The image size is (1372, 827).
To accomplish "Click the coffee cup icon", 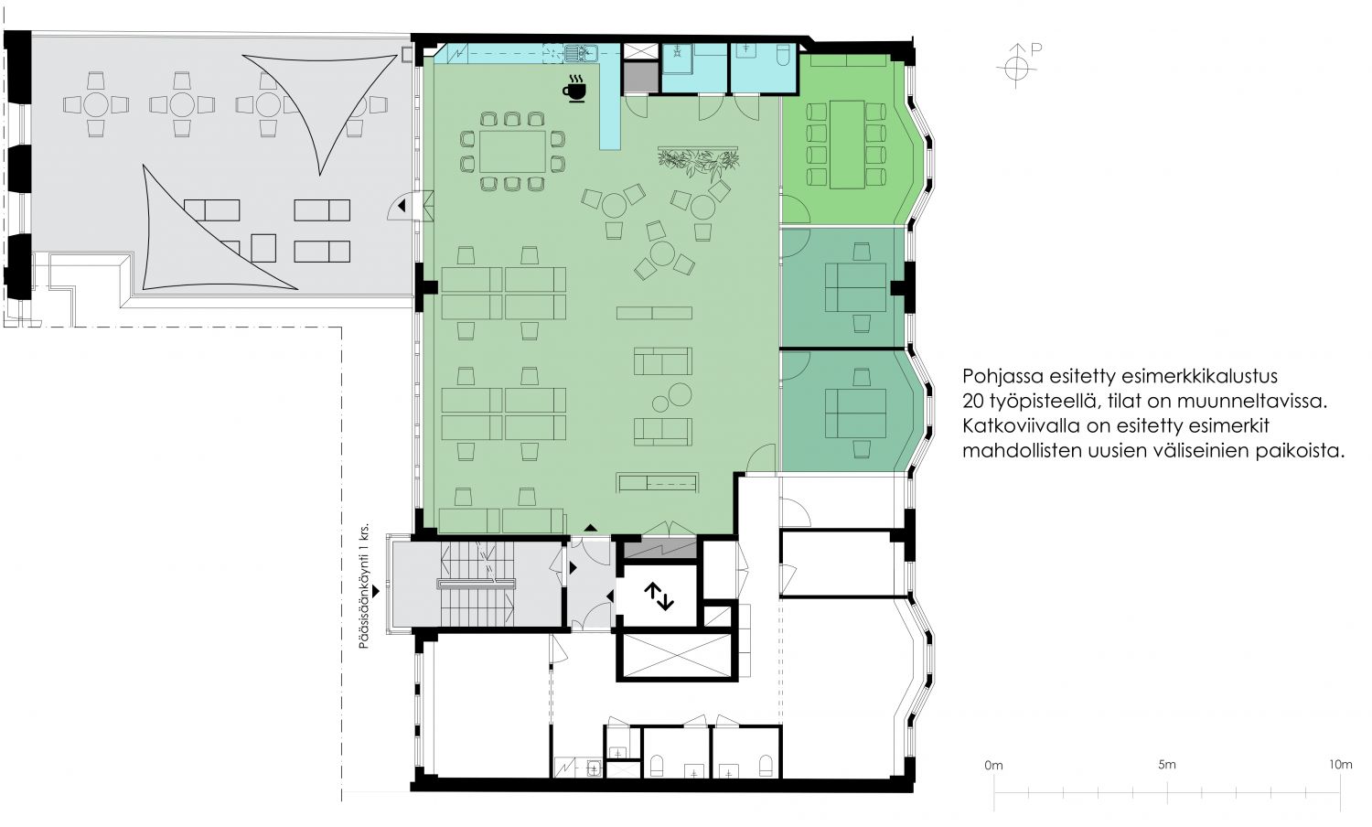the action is click(x=574, y=89).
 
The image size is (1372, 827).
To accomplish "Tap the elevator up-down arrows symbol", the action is click(x=659, y=596).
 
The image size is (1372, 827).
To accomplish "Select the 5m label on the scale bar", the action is click(x=1167, y=765).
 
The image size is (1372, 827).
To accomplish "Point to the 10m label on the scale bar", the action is click(x=1340, y=765).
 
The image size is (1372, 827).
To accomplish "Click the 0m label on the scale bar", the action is click(x=993, y=765).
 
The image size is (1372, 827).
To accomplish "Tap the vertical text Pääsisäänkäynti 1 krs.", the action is click(x=364, y=585).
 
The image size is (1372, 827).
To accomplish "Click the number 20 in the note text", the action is click(x=973, y=402).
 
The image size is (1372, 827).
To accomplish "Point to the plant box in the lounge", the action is click(x=698, y=160).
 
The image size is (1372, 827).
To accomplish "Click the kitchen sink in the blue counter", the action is click(x=581, y=54).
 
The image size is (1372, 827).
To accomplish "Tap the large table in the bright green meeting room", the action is click(x=847, y=145).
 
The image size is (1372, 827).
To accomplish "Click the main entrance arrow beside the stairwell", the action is click(x=375, y=591).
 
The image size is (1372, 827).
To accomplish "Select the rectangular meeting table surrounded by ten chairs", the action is click(x=512, y=151).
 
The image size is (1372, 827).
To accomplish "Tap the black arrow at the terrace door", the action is click(x=402, y=206).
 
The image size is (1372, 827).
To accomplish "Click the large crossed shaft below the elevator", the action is click(x=676, y=657).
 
